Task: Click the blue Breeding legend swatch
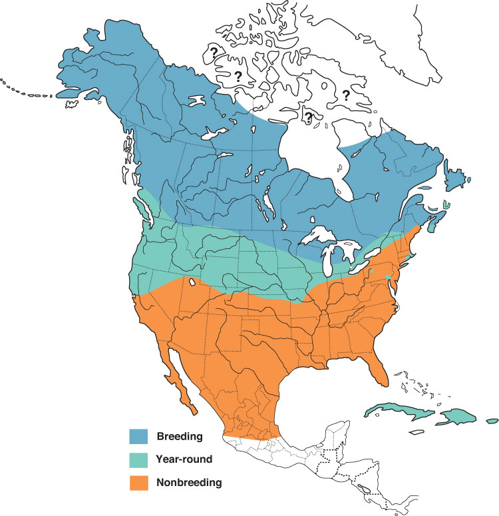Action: tap(138, 437)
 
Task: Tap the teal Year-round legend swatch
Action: tap(138, 459)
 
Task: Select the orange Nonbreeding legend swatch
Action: tap(138, 482)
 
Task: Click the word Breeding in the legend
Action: tap(179, 437)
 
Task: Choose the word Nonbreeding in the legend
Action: tap(190, 482)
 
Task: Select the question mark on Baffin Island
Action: tap(346, 95)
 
